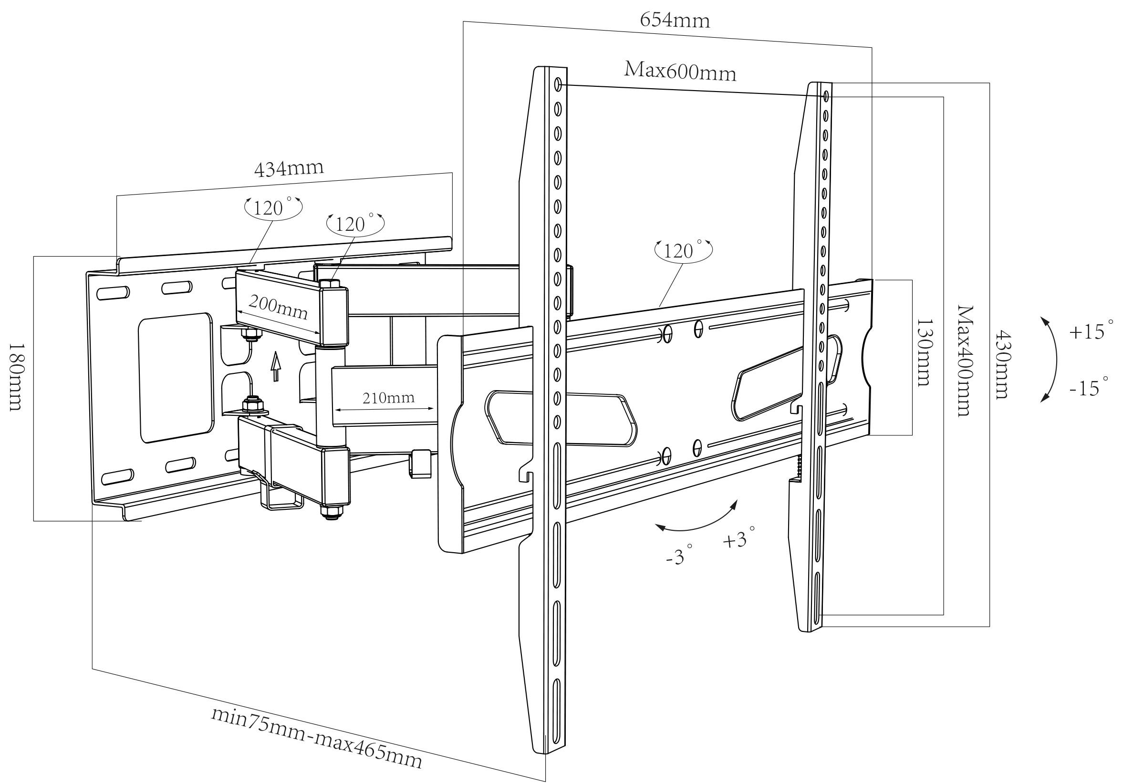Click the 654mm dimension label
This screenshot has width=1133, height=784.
point(675,21)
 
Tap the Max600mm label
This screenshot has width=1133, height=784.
point(680,72)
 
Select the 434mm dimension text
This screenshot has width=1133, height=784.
point(289,168)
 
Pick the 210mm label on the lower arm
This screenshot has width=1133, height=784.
point(388,397)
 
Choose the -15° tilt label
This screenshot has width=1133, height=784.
point(1089,387)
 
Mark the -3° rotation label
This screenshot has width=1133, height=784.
point(678,557)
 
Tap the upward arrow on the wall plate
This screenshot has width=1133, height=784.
point(276,366)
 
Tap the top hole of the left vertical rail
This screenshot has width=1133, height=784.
point(558,84)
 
